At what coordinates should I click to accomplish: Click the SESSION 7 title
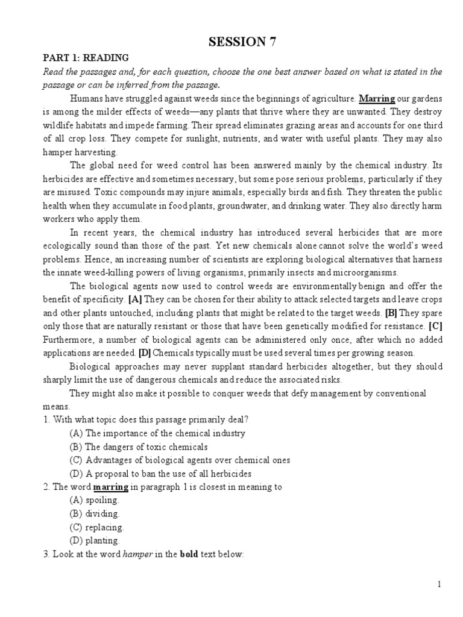pos(237,42)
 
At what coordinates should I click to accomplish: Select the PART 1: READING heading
pos(85,58)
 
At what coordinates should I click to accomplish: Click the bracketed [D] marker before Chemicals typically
pos(145,352)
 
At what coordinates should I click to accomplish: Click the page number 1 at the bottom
pos(439,584)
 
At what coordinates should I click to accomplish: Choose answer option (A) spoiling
pos(95,500)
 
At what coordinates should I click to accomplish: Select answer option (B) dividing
pos(95,513)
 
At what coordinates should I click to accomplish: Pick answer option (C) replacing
pos(96,527)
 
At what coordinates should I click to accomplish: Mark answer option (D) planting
pos(95,540)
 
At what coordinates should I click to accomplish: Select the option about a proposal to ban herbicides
pos(160,474)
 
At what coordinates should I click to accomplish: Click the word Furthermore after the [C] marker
pos(67,339)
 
